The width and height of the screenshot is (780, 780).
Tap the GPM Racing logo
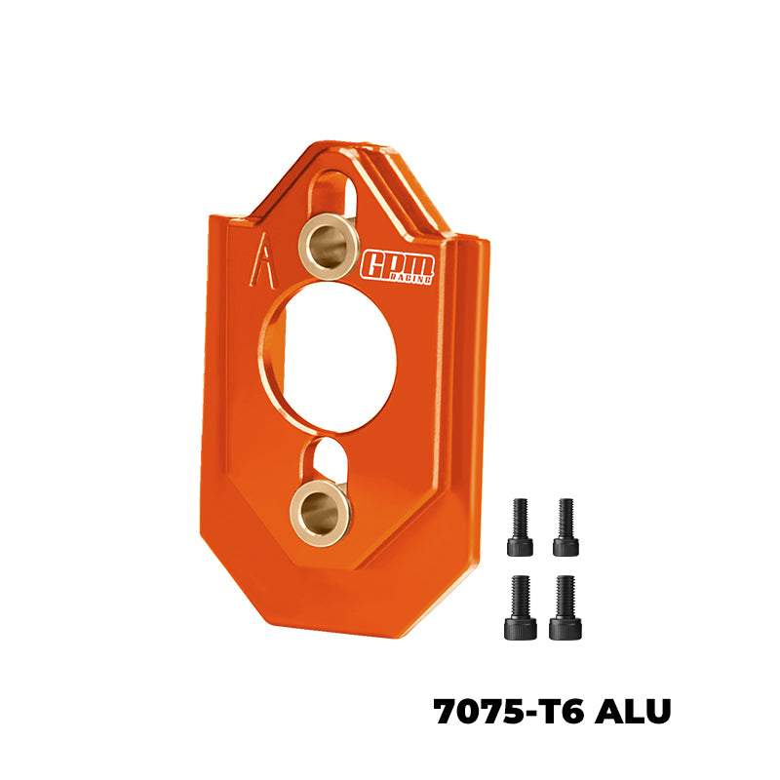398,265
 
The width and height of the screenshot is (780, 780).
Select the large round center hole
331,356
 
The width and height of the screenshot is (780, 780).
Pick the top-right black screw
565,526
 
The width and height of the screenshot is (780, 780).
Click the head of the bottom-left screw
521,629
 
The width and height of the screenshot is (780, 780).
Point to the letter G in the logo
374,264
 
